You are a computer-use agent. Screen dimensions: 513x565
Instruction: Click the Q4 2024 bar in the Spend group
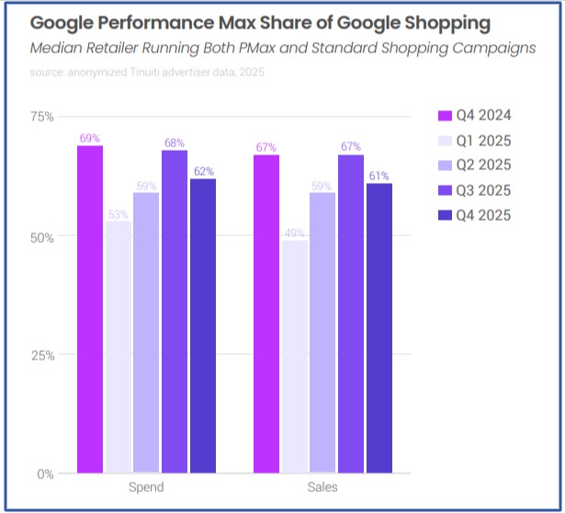(x=89, y=309)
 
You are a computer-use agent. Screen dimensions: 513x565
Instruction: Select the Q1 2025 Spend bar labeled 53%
(x=118, y=348)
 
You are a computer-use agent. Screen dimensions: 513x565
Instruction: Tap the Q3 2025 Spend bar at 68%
(x=174, y=312)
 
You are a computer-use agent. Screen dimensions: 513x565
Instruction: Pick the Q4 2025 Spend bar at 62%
(x=202, y=325)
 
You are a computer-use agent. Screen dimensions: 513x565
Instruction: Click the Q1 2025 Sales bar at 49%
(x=295, y=357)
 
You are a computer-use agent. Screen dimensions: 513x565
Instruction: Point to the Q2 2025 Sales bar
(x=322, y=333)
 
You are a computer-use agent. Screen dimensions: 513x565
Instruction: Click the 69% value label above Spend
(x=89, y=138)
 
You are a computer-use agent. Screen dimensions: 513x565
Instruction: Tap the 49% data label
(x=295, y=233)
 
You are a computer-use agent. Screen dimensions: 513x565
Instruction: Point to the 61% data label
(x=379, y=176)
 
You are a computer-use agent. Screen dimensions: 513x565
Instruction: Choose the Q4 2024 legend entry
(x=474, y=116)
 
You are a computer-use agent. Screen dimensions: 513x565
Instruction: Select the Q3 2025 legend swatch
(x=445, y=190)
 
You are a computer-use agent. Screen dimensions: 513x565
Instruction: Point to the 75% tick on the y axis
(x=42, y=117)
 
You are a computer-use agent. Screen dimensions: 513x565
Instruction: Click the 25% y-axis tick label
(x=42, y=355)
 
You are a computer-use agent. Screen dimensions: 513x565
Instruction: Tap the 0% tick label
(x=46, y=474)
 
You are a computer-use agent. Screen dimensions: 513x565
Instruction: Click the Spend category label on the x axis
(x=146, y=487)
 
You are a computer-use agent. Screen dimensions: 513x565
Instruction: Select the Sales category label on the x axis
(x=322, y=487)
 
